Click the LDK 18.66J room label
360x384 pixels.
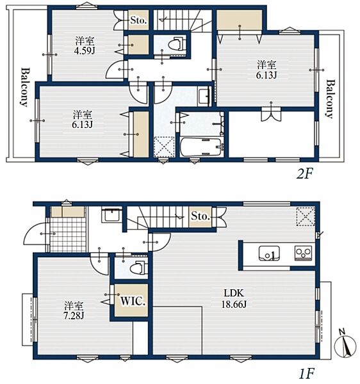234,298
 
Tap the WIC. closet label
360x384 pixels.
133,301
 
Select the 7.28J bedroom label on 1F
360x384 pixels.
74,310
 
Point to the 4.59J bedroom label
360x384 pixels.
85,45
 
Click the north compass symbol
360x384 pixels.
345,344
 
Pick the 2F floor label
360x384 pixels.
305,174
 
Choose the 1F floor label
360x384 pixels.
306,373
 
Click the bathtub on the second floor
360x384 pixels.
200,147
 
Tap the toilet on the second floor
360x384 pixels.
176,44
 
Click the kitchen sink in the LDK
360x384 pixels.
269,253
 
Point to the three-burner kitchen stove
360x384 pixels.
304,253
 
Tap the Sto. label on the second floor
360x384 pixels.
138,20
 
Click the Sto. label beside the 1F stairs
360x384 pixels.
200,216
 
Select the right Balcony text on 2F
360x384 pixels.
331,99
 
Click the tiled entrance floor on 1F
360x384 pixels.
68,234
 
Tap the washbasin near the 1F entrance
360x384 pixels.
111,215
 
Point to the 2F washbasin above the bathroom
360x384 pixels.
204,96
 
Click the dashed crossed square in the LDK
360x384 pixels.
306,216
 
